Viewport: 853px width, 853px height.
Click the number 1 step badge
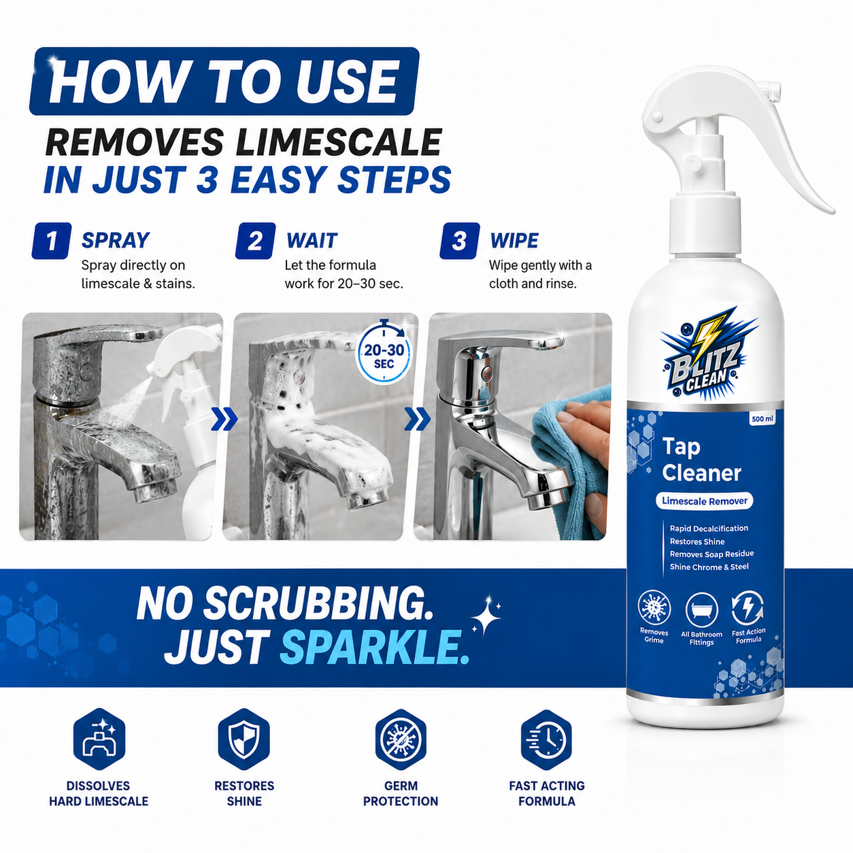51,241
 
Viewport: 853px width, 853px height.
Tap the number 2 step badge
255,241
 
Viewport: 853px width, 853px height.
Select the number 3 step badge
459,241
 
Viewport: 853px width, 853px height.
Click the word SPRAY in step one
116,240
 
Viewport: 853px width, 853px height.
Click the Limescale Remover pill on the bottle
704,501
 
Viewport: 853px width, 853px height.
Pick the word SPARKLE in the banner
375,648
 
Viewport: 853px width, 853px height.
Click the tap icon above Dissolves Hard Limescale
99,739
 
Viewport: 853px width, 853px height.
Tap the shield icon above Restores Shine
244,739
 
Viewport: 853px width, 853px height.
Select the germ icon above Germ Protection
401,739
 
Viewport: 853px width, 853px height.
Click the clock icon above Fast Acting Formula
547,739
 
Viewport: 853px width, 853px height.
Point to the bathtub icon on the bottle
701,610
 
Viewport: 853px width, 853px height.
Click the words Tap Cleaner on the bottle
701,460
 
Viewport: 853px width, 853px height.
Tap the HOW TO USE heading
224,82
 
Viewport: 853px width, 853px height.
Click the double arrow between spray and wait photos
224,420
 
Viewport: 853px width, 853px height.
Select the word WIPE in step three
514,240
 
